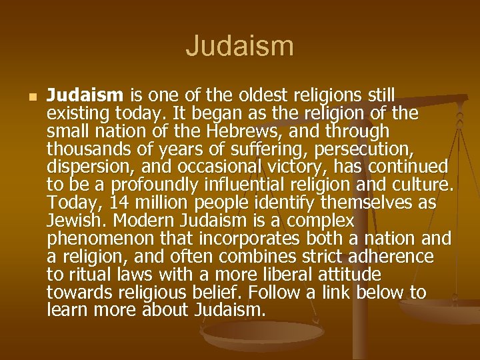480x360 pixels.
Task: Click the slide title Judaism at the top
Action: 239,47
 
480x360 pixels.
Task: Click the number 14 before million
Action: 121,201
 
